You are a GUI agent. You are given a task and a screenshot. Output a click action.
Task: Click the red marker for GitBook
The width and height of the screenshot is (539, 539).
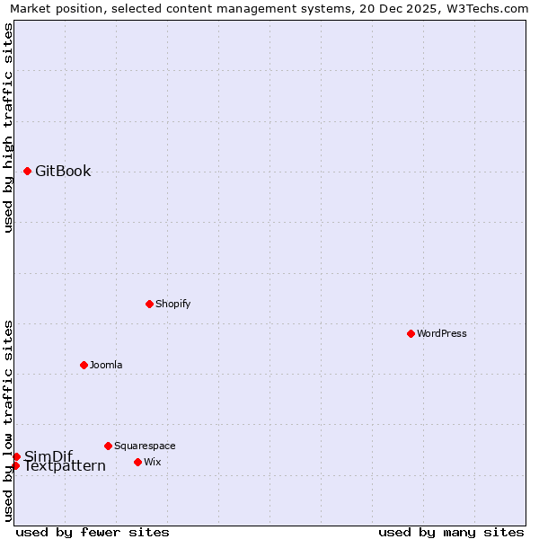28,171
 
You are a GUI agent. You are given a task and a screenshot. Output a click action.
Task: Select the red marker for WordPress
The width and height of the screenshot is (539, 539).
411,333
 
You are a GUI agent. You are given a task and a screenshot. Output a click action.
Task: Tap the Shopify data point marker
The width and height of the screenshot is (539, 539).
149,304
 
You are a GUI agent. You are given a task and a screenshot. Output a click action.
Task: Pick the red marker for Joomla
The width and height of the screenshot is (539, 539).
84,365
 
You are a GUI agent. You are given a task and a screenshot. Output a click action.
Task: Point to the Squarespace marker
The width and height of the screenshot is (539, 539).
108,446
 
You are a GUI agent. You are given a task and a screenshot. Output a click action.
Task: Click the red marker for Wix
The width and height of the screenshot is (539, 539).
137,462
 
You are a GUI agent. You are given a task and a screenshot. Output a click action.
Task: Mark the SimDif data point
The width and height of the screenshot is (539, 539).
16,456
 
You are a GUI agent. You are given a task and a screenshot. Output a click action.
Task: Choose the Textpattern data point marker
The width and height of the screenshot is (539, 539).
15,465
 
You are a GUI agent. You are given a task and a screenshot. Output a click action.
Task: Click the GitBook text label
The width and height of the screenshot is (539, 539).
63,172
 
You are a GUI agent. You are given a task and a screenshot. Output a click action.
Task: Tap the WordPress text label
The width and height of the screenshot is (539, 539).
442,333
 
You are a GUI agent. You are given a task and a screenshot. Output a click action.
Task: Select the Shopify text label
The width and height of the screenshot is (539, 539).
173,304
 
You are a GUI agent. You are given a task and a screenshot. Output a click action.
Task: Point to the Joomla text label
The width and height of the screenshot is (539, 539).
106,365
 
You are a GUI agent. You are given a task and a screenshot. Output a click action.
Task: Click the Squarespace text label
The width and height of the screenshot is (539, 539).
145,446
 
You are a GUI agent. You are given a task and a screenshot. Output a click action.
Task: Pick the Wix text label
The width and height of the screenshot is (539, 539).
153,462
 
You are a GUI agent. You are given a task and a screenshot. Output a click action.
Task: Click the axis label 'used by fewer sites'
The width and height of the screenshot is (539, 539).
93,532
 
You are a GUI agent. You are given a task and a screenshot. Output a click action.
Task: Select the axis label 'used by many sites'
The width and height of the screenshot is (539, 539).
451,532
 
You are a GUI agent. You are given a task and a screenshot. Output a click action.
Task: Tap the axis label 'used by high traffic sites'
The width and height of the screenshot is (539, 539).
8,128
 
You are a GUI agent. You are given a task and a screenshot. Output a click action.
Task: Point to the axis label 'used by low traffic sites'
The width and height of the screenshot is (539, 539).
8,420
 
